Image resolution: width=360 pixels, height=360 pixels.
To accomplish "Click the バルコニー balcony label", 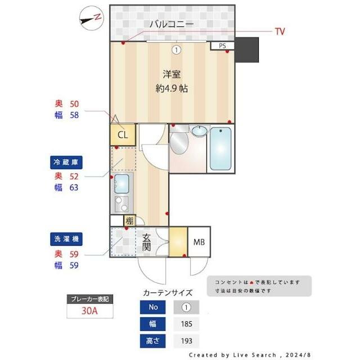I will pos(172,24).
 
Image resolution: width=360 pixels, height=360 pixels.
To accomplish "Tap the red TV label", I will pos(280,31).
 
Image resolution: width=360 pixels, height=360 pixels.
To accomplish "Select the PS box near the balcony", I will pos(222,46).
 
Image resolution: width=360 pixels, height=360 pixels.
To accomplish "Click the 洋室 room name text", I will pos(172,74).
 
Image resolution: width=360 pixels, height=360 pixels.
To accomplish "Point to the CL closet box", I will pos(123,134).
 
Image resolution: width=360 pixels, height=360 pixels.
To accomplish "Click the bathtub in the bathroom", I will pos(220,149).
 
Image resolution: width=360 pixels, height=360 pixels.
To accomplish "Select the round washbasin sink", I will pos(199,132).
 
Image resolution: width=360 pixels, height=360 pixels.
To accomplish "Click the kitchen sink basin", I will pos(121,183).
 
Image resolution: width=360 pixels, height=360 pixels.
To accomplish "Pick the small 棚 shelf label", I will pos(129,220).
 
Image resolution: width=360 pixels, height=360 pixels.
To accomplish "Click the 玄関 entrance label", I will pos(146,242).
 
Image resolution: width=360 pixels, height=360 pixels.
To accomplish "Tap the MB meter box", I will pos(199,242).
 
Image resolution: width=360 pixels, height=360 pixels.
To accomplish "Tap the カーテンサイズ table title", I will pos(168,292).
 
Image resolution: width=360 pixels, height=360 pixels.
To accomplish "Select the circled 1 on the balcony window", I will pos(177,49).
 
